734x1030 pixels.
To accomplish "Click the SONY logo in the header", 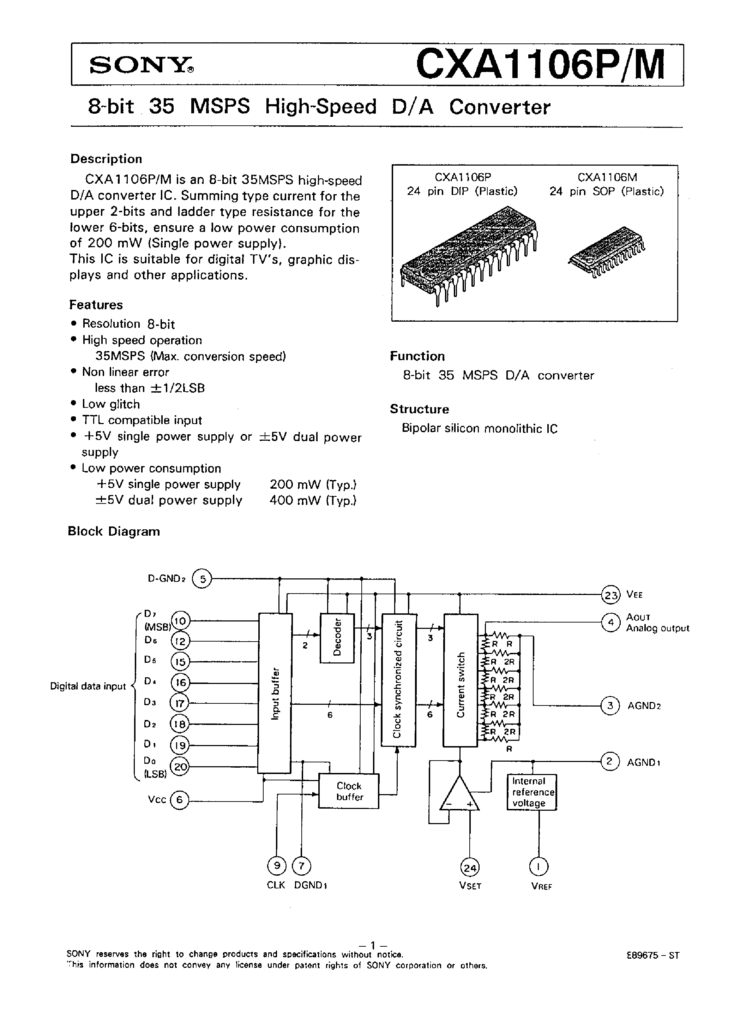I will tap(142, 66).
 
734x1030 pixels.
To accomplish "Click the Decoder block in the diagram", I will tap(337, 638).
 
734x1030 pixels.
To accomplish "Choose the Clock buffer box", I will tap(349, 791).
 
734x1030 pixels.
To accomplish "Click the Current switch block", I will tap(460, 680).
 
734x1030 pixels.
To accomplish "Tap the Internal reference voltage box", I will tap(531, 792).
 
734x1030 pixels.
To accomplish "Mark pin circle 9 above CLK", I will tap(277, 866).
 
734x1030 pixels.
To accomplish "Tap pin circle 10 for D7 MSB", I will tap(180, 621).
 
